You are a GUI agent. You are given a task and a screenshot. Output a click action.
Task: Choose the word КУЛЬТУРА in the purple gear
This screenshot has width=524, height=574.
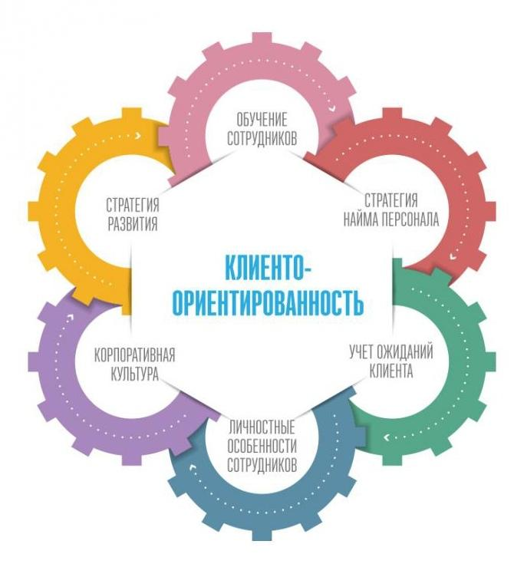point(133,375)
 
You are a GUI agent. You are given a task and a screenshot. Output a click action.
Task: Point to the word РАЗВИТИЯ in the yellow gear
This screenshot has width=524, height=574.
point(132,224)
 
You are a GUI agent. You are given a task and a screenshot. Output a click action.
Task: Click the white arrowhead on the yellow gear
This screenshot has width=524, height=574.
point(137,136)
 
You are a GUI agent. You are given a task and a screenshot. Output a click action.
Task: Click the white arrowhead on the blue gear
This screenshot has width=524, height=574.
point(194,465)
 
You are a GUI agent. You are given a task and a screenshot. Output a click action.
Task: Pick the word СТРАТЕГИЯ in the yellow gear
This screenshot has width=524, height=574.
point(133,205)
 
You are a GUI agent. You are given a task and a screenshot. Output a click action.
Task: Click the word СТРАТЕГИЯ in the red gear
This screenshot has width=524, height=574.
point(391,201)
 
